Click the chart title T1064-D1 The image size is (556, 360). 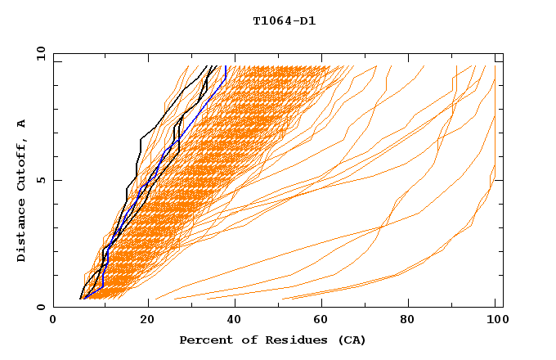coord(284,21)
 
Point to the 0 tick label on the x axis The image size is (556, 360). coord(54,321)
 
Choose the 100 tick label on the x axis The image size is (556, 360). coord(495,321)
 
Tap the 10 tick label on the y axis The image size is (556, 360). coord(38,53)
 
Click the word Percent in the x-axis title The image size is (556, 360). coord(205,340)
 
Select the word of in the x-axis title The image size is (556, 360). coord(244,340)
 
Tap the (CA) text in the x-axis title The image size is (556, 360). coord(348,340)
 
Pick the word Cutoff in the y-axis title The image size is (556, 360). coord(22,164)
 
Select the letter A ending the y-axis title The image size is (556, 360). coord(22,123)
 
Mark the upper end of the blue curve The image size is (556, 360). coord(226,66)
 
